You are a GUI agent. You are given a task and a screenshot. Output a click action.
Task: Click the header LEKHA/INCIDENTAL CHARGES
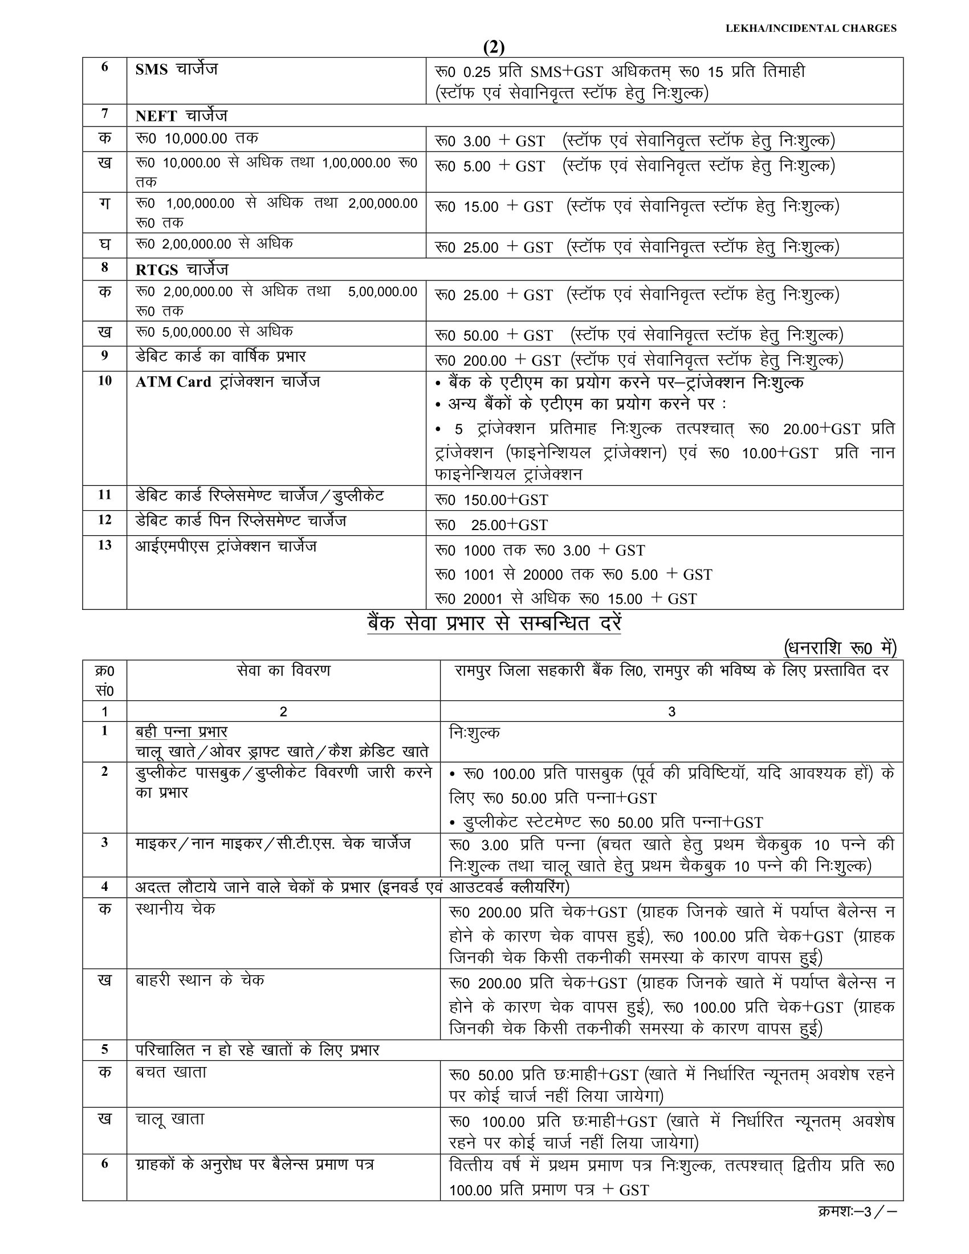tap(811, 28)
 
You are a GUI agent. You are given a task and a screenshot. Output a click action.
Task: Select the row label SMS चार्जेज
tap(176, 70)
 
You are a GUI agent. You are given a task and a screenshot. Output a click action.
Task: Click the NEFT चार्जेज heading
tap(181, 116)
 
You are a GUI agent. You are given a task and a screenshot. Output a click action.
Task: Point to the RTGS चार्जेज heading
tap(182, 269)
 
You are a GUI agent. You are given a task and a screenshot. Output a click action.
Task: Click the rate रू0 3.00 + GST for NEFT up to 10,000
tap(490, 141)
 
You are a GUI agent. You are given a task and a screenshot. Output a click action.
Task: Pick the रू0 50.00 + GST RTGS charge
tap(494, 335)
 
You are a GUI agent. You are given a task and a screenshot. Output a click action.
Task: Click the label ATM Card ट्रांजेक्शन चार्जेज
tap(227, 382)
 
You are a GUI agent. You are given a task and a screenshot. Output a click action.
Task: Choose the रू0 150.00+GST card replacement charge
tap(491, 499)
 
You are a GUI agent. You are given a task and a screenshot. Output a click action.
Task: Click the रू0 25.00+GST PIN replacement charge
tap(491, 525)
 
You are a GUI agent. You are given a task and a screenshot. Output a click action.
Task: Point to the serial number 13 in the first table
tap(104, 545)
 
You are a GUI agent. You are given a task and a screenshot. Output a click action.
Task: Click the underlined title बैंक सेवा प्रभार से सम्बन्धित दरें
tap(494, 624)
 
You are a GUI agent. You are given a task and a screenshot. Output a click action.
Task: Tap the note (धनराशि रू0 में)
tap(840, 648)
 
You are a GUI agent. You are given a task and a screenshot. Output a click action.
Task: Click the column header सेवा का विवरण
tap(283, 671)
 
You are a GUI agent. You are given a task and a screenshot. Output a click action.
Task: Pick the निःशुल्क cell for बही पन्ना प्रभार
tap(475, 732)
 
